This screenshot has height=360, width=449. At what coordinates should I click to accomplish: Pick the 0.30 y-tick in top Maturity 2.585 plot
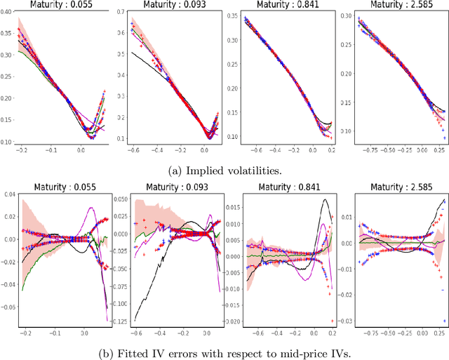(x=345, y=13)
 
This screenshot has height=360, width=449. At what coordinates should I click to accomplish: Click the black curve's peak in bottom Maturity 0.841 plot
(x=326, y=200)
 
